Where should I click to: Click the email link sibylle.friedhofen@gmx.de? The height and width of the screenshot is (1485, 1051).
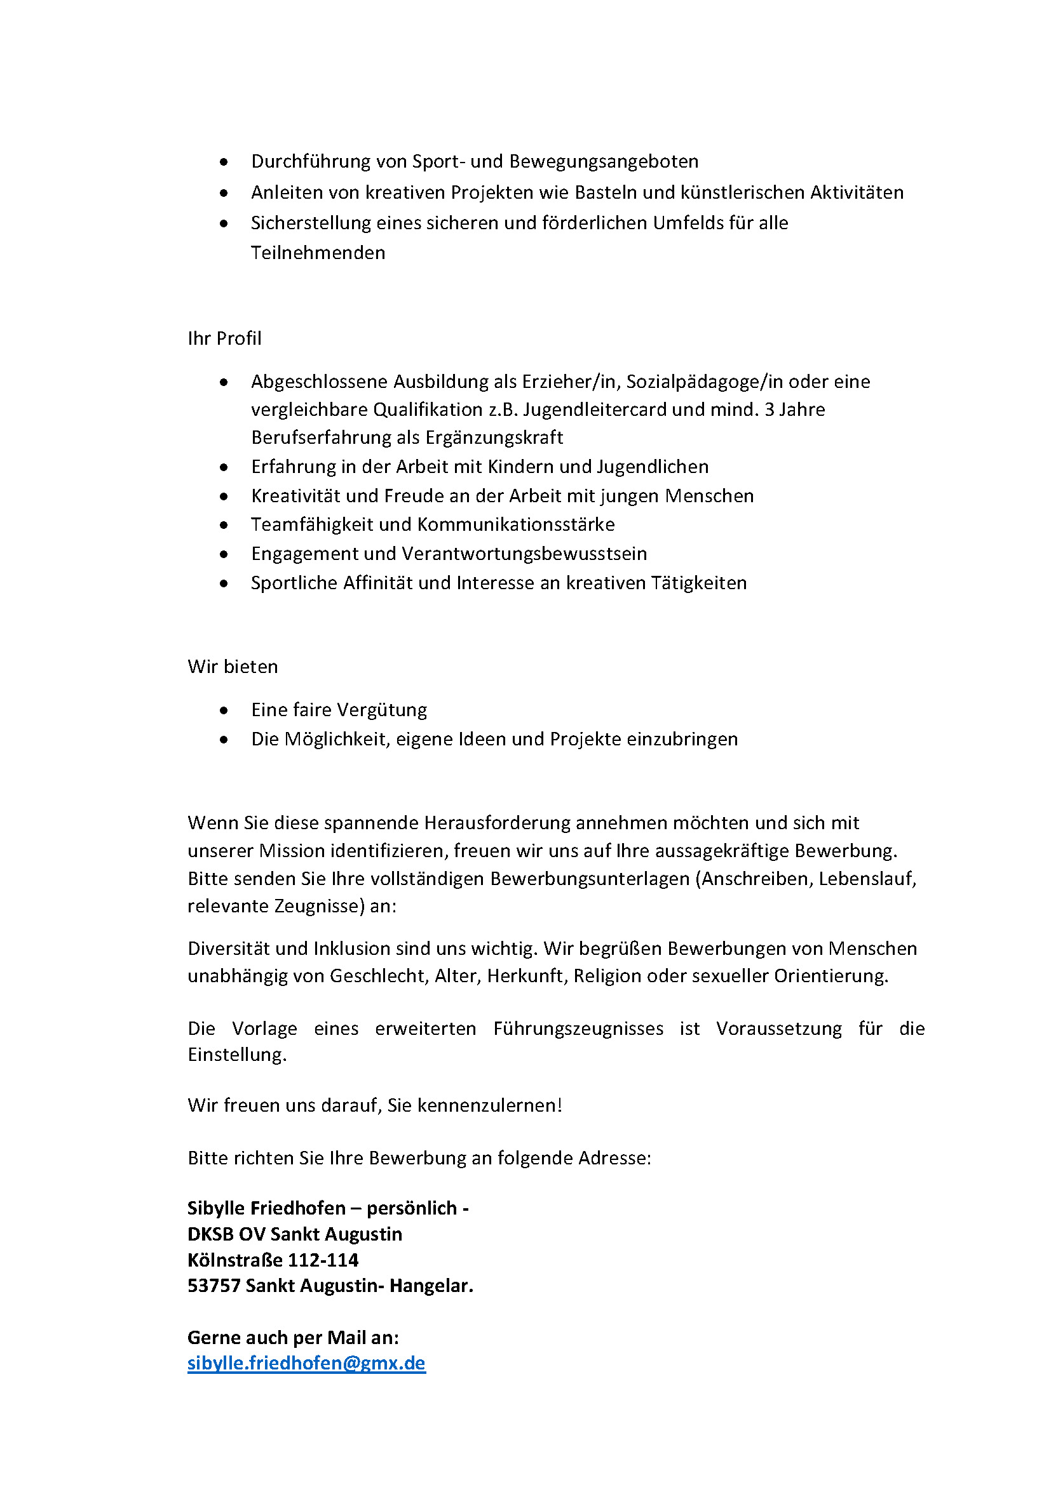(x=306, y=1362)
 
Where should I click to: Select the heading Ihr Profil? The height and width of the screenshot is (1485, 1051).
(x=224, y=338)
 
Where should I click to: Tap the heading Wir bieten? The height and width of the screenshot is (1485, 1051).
(x=233, y=666)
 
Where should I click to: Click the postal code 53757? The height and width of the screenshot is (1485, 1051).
(x=214, y=1285)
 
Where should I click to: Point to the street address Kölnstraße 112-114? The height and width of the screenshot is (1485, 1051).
(x=273, y=1259)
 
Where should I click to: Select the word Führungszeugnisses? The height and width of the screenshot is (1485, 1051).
(x=578, y=1029)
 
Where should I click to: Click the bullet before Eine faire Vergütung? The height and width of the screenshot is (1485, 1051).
(x=224, y=710)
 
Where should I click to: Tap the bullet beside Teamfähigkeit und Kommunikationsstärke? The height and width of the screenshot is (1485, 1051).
(x=224, y=524)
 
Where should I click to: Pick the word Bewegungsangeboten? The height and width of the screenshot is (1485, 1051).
(x=604, y=161)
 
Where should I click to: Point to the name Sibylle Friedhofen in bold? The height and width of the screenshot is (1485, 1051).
(x=266, y=1208)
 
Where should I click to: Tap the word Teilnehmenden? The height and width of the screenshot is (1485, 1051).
(x=318, y=253)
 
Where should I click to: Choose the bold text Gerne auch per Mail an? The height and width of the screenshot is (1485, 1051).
(x=293, y=1337)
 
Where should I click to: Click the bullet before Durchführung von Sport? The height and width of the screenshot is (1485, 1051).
(x=224, y=162)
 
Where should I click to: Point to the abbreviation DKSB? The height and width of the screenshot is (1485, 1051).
(x=210, y=1234)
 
